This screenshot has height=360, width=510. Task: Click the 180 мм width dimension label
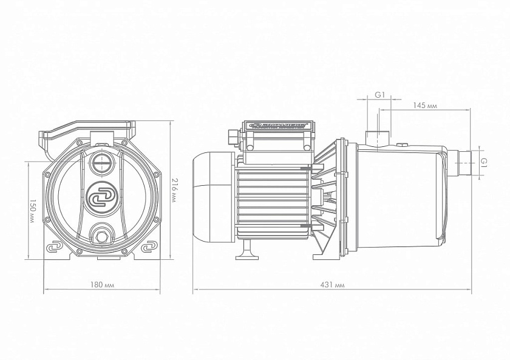point(101,284)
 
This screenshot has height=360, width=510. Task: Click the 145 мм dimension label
point(426,106)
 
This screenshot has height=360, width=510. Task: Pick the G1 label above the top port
point(379,95)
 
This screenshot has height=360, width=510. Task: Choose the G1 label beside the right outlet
point(484,161)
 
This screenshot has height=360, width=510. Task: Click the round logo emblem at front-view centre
point(101,198)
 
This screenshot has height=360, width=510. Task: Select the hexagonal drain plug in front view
point(101,234)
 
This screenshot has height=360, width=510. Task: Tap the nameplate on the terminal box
point(278,126)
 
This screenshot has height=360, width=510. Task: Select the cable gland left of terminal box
point(233,137)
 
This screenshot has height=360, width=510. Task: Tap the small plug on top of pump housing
point(402,145)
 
